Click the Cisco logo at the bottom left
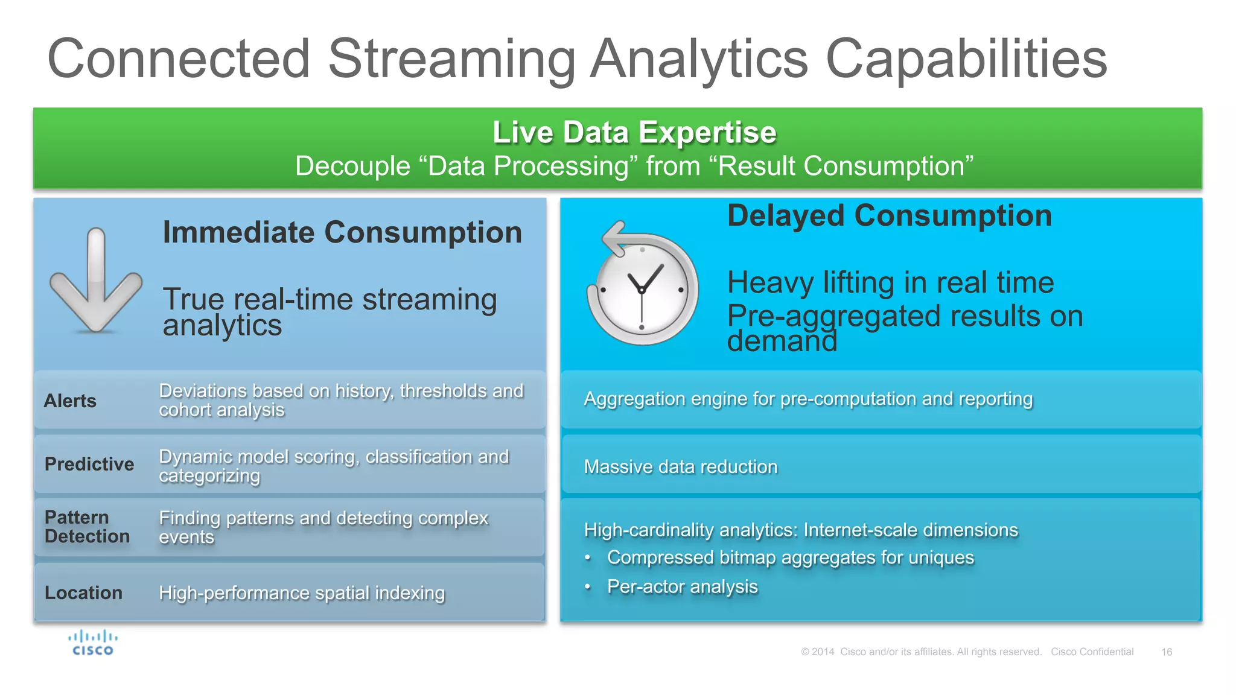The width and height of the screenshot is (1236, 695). coord(93,643)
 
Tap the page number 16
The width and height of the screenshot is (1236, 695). coord(1166,652)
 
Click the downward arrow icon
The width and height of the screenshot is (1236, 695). coord(96,281)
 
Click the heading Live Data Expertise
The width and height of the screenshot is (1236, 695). coord(634,132)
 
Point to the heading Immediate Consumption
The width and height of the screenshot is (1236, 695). coord(342,232)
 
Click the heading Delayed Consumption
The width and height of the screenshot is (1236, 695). coord(889,216)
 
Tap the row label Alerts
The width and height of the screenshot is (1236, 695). coord(70,401)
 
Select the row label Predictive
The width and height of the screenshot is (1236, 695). coord(89,464)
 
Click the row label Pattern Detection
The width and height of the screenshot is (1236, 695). coord(87,527)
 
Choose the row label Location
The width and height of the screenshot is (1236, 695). coord(83,593)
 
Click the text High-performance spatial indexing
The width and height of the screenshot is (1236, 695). coord(302,593)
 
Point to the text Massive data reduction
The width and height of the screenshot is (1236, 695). coord(680,467)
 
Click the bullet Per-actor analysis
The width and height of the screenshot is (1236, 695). coord(682,586)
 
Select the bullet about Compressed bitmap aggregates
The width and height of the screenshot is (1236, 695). coord(790,557)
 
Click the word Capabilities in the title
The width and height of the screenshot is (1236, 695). coord(966,59)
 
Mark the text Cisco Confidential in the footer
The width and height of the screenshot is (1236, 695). coord(1092,652)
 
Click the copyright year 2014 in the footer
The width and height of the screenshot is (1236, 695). coord(823,652)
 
